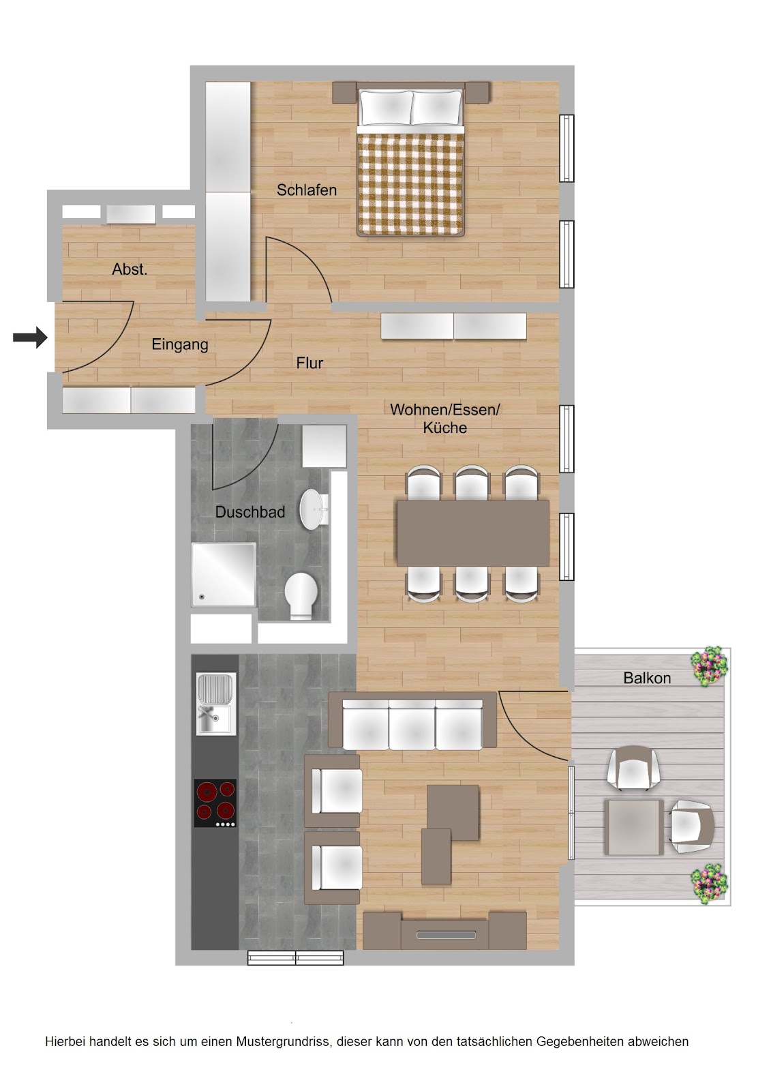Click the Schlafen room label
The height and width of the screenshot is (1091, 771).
(x=306, y=190)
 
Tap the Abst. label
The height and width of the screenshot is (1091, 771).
(x=130, y=269)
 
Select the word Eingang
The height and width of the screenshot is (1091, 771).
(x=180, y=345)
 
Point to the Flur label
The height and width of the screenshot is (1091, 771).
(x=309, y=363)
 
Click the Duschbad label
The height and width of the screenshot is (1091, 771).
(x=250, y=512)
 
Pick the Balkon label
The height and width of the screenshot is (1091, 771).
(x=647, y=678)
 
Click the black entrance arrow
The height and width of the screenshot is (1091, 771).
(x=30, y=337)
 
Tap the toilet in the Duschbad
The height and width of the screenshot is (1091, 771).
(x=301, y=596)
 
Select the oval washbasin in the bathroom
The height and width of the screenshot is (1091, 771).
(x=314, y=509)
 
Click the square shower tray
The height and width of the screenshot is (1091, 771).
(x=224, y=575)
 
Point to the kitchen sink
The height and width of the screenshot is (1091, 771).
(x=216, y=703)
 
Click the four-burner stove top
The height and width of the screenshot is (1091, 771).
(x=215, y=803)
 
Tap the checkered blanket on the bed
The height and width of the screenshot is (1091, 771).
(x=410, y=184)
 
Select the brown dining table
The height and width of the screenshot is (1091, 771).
(x=473, y=533)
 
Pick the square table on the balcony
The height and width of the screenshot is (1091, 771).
(x=634, y=826)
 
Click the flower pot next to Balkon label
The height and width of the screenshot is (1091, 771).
(x=710, y=666)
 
